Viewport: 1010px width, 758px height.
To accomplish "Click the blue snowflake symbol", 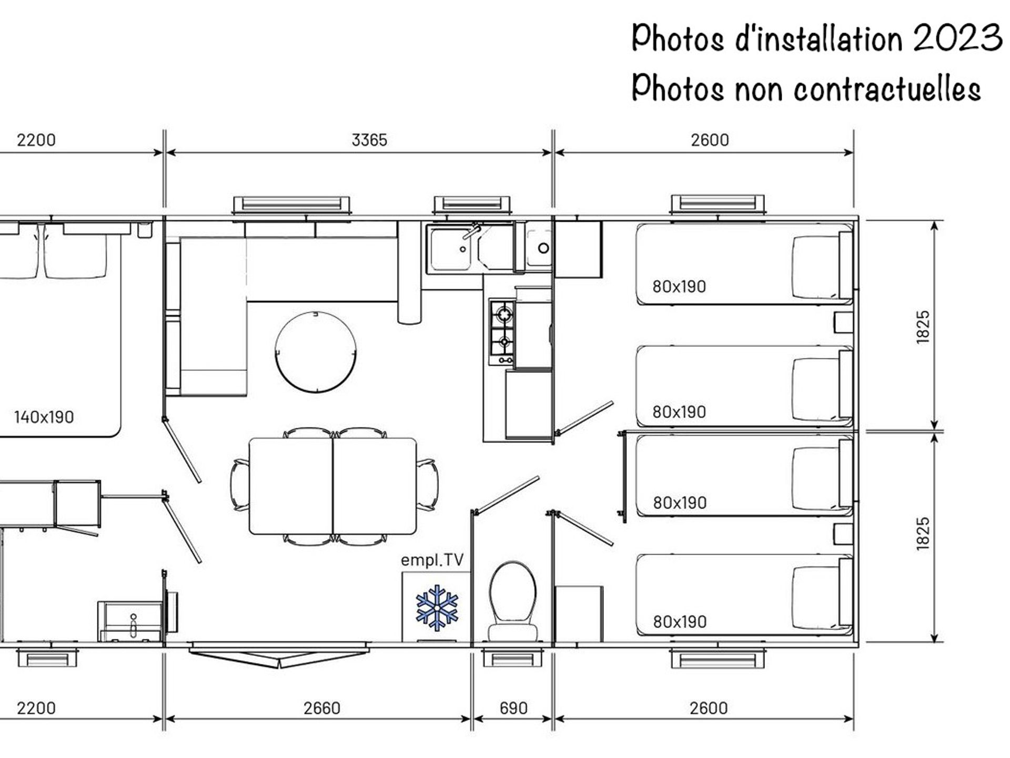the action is (437, 607).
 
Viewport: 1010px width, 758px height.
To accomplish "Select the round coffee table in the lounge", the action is (316, 352).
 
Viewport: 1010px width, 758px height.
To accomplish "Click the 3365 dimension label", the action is (369, 140).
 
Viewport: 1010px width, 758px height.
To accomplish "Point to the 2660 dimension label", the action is (322, 708).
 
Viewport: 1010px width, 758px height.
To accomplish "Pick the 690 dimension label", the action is (513, 708).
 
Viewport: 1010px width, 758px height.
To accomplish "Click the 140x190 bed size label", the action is (44, 417).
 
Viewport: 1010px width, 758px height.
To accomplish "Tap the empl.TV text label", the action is (432, 560).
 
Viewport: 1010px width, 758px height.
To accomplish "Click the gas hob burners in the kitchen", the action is (503, 332).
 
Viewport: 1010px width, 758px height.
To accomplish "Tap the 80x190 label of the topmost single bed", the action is (679, 287).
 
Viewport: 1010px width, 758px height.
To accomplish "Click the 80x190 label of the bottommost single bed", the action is (680, 622).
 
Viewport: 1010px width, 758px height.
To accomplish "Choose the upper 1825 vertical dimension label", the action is (923, 327).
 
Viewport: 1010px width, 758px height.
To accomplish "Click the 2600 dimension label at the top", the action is (710, 140).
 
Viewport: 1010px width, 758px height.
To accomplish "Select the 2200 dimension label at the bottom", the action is (36, 708).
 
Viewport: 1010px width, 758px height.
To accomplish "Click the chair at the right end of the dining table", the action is (427, 484).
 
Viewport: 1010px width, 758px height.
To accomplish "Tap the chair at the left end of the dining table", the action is (240, 484).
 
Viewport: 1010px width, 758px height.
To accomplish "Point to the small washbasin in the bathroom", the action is (130, 622).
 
